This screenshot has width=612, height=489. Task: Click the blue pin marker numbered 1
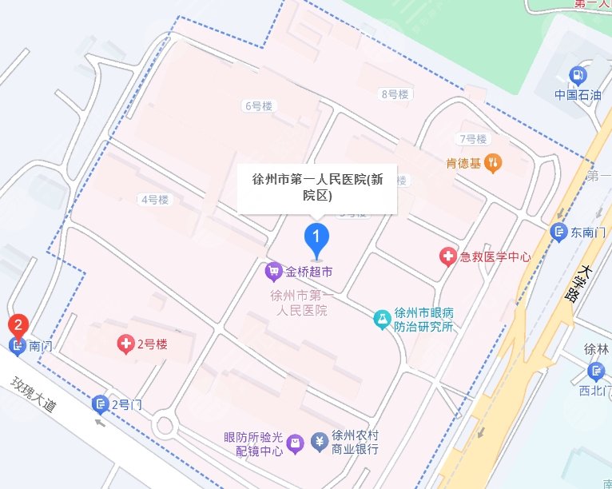(x=317, y=238)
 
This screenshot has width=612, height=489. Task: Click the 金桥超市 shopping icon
(x=273, y=272)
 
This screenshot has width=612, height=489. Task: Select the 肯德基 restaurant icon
(x=495, y=164)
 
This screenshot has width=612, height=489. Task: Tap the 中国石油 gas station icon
(x=575, y=76)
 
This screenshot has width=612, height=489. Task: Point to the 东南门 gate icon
(x=559, y=233)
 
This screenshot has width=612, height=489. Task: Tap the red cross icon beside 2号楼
(x=125, y=344)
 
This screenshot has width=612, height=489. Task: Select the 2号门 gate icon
(x=100, y=404)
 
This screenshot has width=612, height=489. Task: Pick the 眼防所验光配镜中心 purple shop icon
(x=295, y=443)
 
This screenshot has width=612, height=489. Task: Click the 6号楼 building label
(x=259, y=105)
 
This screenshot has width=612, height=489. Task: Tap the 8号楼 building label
(x=394, y=94)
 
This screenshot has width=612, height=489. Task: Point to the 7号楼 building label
(x=472, y=139)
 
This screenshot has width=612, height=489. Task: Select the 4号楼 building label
(x=154, y=200)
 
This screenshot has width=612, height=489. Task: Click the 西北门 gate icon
(x=595, y=372)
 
